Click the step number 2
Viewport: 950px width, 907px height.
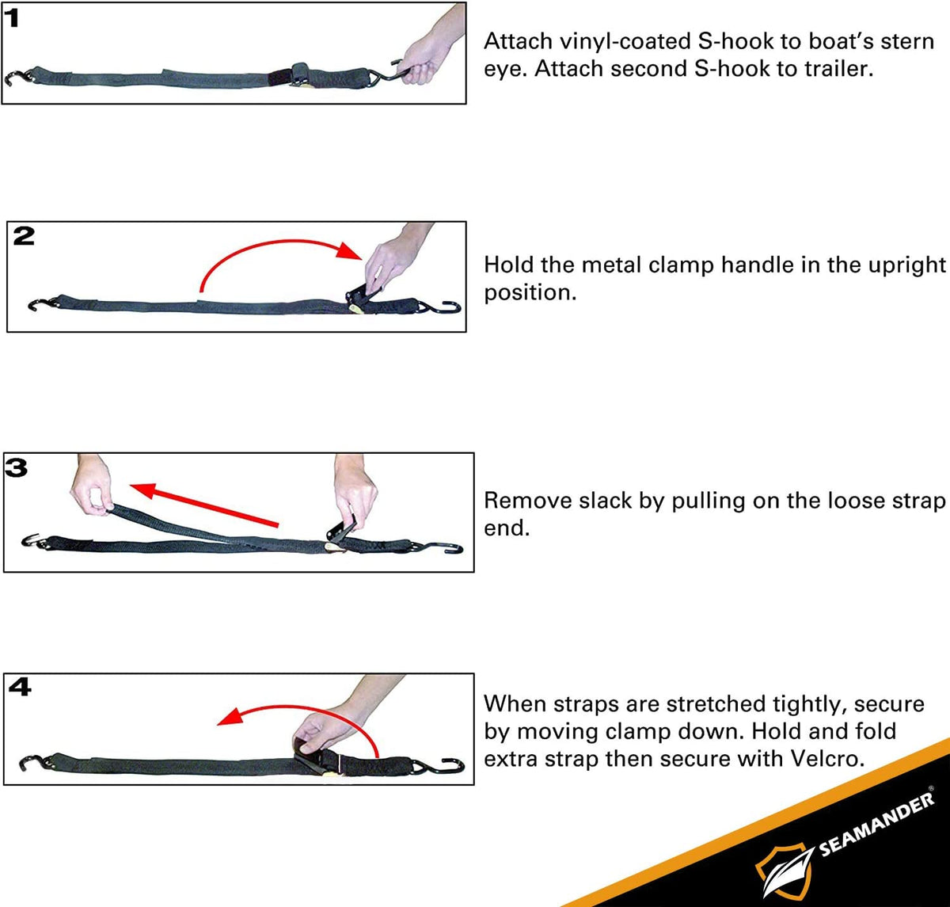24,236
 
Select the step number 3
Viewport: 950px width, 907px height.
16,467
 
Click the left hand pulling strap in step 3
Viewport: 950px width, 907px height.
93,487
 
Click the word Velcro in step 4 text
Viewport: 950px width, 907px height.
824,758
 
